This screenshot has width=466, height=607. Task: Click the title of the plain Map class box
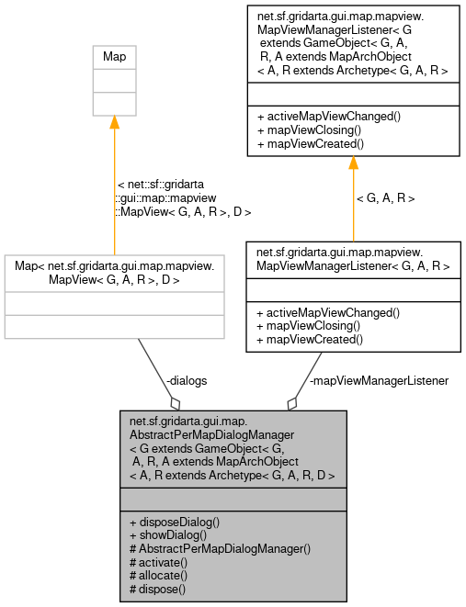(114, 57)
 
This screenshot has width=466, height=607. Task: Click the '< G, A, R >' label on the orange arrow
(385, 197)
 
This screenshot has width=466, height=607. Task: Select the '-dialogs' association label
(186, 380)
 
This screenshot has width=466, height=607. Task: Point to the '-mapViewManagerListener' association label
(379, 380)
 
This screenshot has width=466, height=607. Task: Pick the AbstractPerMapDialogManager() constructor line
(221, 548)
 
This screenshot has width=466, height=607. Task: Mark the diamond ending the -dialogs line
(174, 402)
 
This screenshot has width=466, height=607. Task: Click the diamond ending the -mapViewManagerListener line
(292, 402)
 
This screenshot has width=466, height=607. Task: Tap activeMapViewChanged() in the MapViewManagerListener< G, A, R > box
(328, 312)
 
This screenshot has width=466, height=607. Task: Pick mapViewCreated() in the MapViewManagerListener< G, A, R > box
(311, 339)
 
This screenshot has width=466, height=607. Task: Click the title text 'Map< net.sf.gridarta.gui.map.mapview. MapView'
(114, 272)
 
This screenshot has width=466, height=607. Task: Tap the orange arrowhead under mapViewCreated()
(352, 163)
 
